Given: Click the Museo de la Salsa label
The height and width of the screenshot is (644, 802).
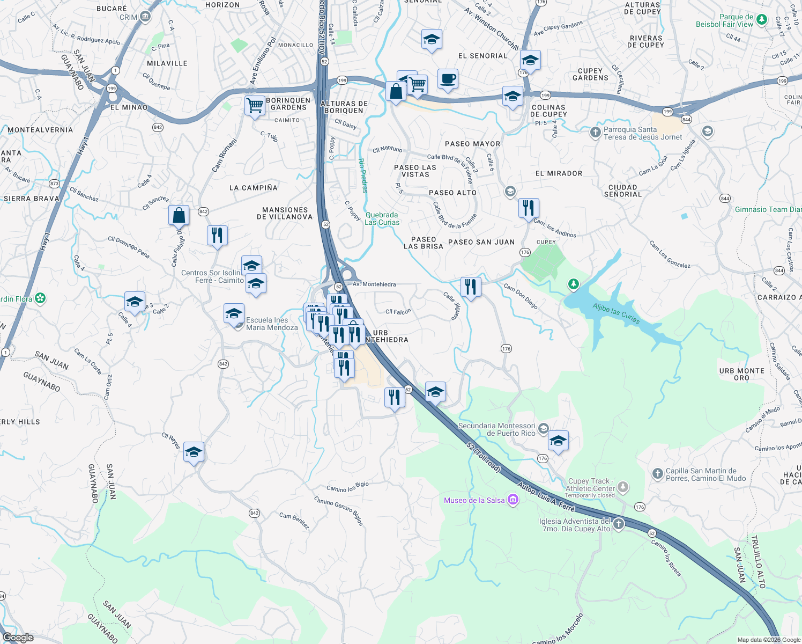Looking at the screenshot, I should pyautogui.click(x=474, y=500).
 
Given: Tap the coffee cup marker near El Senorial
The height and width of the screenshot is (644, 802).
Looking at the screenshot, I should pyautogui.click(x=448, y=79).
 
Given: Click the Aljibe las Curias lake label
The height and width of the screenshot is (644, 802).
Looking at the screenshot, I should pyautogui.click(x=616, y=313).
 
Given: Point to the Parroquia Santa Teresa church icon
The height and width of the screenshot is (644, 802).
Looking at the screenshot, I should pyautogui.click(x=595, y=133).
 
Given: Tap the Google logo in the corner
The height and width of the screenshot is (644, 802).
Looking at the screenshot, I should pyautogui.click(x=18, y=637).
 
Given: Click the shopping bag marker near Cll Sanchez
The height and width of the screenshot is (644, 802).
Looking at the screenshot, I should pyautogui.click(x=179, y=215).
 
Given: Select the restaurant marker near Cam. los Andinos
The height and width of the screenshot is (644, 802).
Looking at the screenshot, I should pyautogui.click(x=529, y=208).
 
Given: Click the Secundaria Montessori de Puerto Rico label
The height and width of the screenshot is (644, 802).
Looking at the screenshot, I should pyautogui.click(x=496, y=429).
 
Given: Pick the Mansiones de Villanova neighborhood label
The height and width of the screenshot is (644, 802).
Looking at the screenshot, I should pyautogui.click(x=285, y=214).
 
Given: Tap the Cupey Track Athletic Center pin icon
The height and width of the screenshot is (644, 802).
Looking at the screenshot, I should pyautogui.click(x=622, y=487).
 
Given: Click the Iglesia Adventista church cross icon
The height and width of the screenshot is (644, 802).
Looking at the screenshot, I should pyautogui.click(x=619, y=524).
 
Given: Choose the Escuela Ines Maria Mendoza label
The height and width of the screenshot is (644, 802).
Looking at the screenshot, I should pyautogui.click(x=272, y=324).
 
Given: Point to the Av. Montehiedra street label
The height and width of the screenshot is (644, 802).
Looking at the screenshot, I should pyautogui.click(x=374, y=284).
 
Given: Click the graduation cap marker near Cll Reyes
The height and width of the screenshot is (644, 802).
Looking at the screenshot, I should pyautogui.click(x=194, y=452).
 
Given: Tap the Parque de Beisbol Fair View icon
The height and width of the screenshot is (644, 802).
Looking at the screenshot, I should pyautogui.click(x=759, y=20).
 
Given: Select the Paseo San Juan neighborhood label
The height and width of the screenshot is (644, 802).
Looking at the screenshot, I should pyautogui.click(x=481, y=242).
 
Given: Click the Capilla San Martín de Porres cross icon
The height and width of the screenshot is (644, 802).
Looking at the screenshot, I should pyautogui.click(x=658, y=473).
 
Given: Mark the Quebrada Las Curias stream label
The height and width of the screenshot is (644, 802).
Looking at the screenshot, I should pyautogui.click(x=382, y=218).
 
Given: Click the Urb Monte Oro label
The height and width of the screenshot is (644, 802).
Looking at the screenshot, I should pyautogui.click(x=742, y=374).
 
